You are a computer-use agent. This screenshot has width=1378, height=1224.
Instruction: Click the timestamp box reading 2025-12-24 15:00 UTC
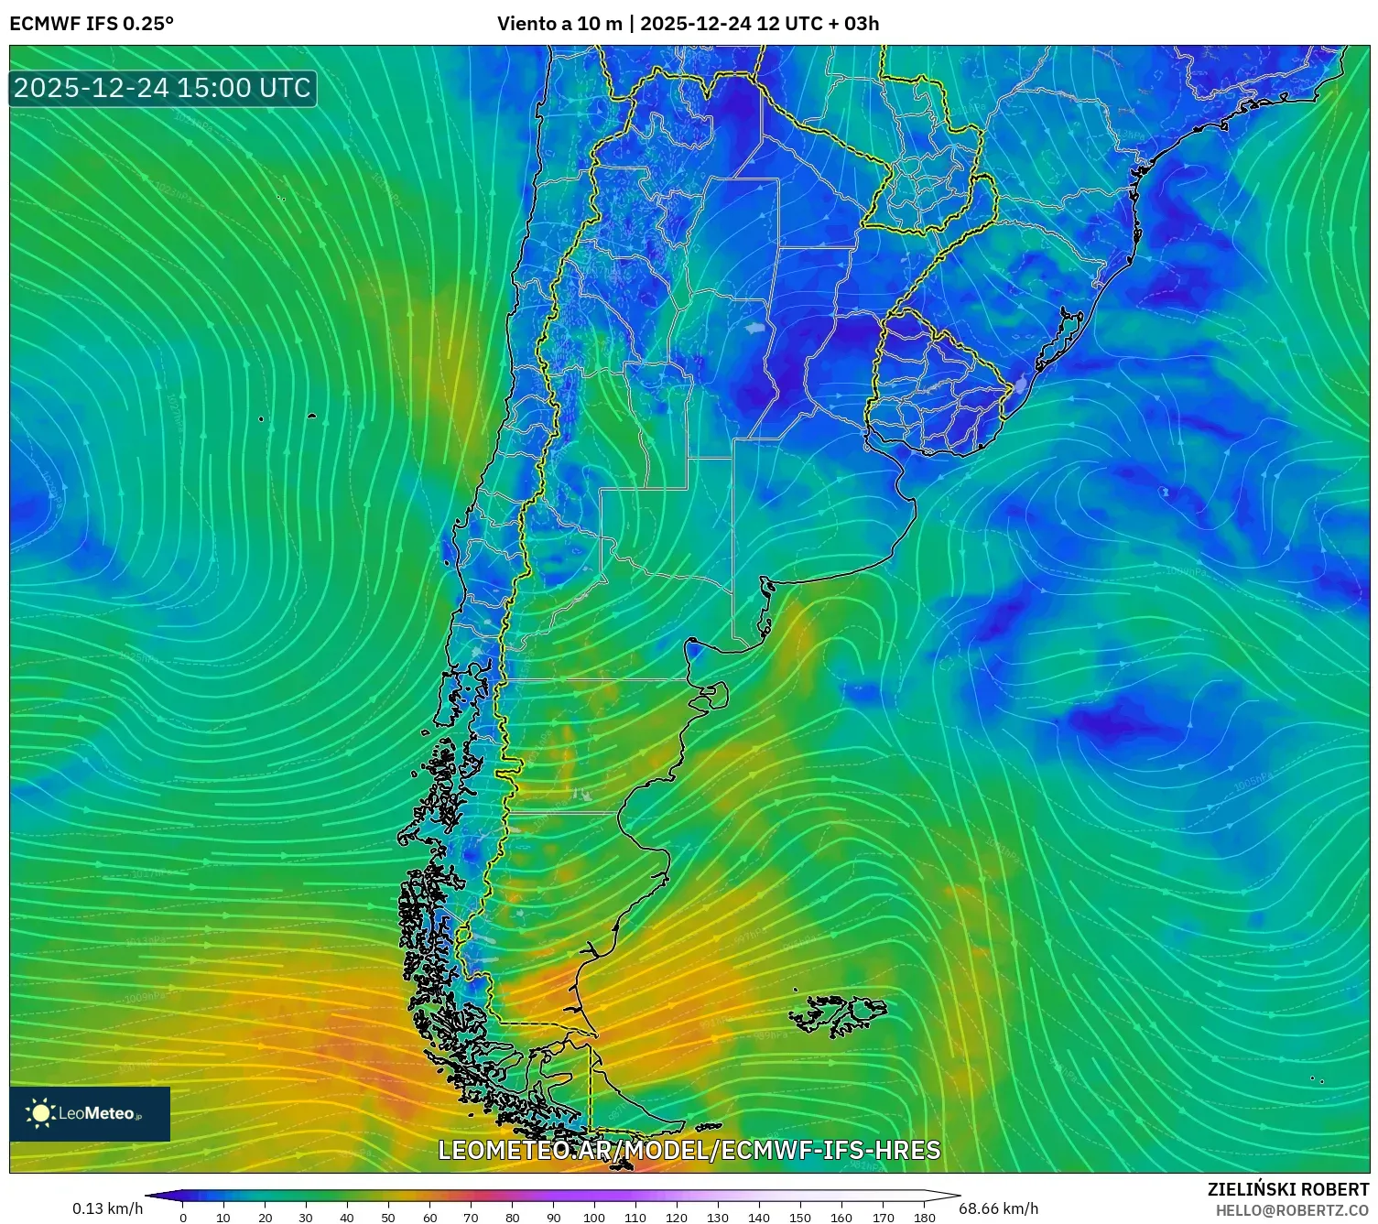tap(163, 88)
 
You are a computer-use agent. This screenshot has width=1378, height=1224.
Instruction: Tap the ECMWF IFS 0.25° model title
tap(92, 24)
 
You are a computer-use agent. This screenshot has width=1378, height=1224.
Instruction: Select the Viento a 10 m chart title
tap(688, 24)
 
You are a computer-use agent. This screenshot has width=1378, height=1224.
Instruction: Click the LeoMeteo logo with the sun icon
tap(90, 1113)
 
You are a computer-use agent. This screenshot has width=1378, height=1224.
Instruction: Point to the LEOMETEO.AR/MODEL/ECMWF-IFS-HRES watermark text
tap(689, 1151)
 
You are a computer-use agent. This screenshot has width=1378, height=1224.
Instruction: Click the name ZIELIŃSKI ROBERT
tap(1287, 1189)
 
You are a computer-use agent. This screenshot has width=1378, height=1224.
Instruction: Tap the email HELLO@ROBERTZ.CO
tap(1292, 1210)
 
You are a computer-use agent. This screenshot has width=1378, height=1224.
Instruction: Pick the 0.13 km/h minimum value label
tap(108, 1208)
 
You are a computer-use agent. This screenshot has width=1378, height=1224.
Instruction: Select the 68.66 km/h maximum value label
tap(998, 1208)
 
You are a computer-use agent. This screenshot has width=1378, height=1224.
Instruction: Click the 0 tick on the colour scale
tap(183, 1218)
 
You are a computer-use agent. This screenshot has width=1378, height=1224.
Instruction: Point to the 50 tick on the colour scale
tap(388, 1218)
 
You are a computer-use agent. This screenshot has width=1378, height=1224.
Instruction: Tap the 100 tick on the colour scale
tap(594, 1218)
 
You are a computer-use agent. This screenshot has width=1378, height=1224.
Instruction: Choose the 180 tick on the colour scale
tap(924, 1218)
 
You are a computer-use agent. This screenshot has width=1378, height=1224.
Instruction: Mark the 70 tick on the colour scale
tap(471, 1218)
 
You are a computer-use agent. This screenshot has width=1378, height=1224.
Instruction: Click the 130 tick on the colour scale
tap(718, 1218)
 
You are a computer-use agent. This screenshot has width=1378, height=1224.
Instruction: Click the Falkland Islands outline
tap(838, 1014)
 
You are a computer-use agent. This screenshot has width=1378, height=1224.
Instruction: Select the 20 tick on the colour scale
tap(266, 1218)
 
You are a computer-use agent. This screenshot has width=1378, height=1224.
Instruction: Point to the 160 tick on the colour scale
tap(841, 1218)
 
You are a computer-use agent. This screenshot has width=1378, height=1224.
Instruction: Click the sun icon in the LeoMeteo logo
tap(41, 1113)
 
